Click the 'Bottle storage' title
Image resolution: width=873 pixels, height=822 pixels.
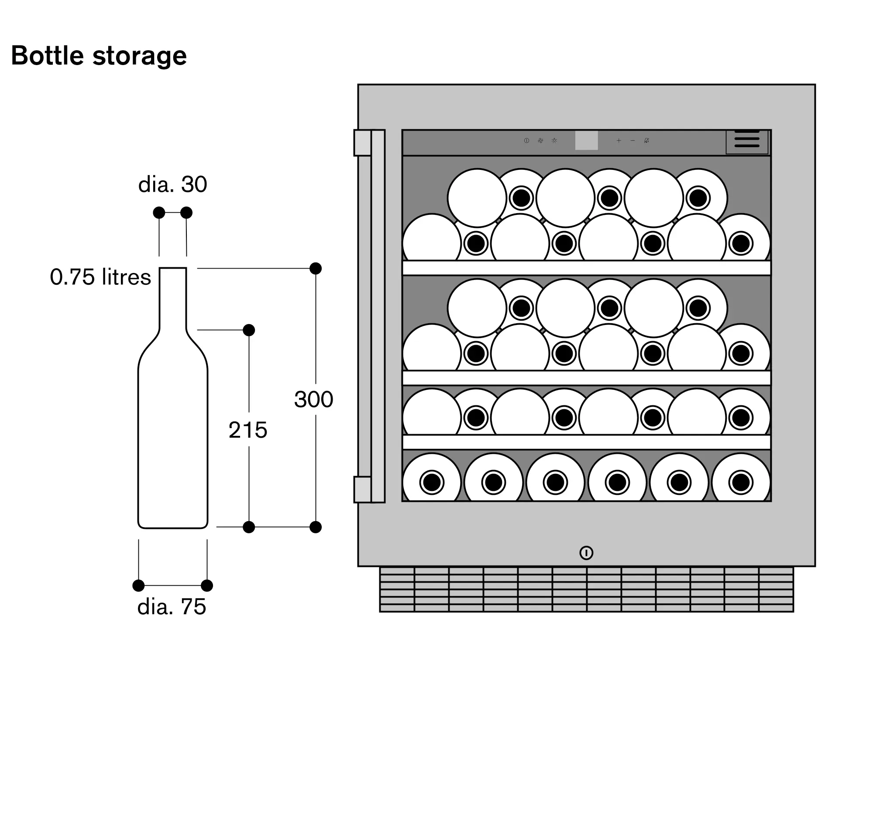(99, 56)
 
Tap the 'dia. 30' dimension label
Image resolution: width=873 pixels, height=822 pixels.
(172, 184)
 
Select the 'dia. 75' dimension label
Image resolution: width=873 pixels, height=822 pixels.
(172, 607)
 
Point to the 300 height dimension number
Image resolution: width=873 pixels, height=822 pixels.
(313, 400)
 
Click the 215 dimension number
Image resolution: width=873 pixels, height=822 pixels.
(247, 430)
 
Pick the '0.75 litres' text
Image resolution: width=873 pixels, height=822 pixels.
(100, 277)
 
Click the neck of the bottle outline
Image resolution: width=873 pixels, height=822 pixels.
(172, 299)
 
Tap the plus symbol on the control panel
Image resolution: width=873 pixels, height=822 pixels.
(618, 141)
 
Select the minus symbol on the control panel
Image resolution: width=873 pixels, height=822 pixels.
(632, 141)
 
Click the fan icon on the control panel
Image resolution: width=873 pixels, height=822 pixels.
(540, 141)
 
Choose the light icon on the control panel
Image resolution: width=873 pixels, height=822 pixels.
(555, 141)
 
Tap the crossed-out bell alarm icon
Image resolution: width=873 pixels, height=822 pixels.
(646, 141)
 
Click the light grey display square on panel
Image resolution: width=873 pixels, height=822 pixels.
(586, 141)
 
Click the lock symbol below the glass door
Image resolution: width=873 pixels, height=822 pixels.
(586, 553)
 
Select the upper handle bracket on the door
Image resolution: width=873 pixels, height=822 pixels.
(363, 143)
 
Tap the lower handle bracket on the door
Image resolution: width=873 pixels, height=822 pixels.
(363, 490)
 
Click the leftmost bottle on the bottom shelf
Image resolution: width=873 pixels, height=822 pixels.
(432, 482)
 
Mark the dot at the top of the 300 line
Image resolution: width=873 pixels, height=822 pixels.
(315, 269)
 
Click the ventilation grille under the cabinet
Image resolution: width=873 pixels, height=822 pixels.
(586, 590)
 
